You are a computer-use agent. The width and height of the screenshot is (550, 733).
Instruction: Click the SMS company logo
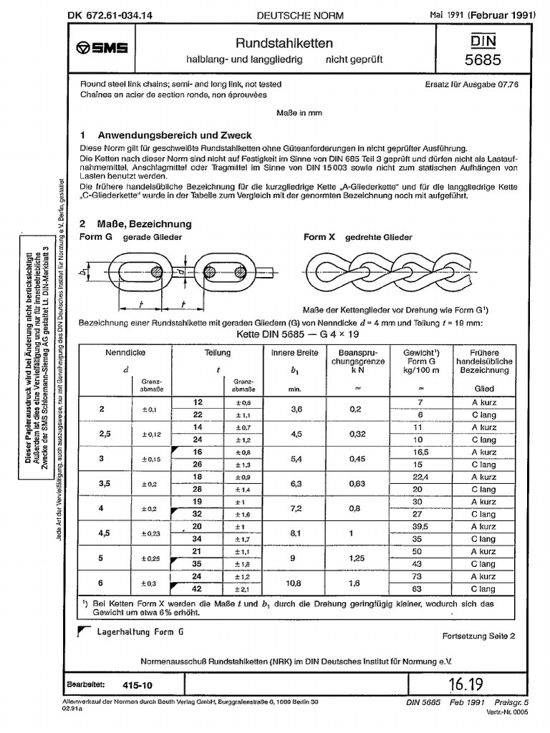[102, 48]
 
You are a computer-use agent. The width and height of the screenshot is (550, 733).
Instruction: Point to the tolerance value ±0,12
[153, 435]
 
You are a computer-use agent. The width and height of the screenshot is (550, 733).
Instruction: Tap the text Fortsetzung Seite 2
[478, 636]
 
